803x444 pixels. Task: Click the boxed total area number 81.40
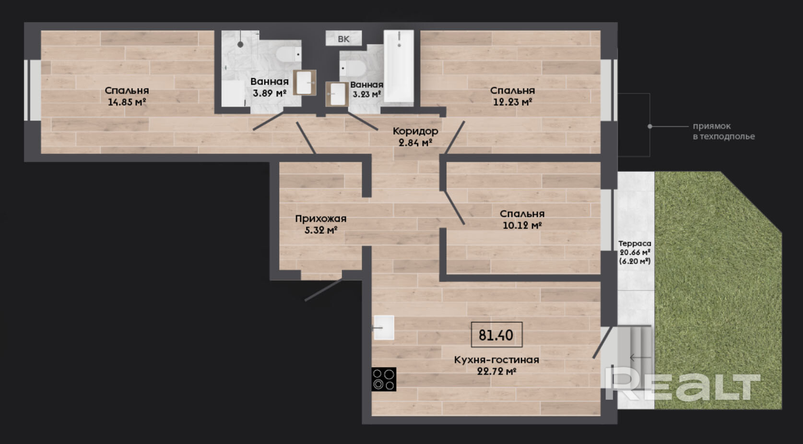(496, 335)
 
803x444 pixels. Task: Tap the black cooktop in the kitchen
(384, 379)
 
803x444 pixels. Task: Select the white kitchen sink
(384, 327)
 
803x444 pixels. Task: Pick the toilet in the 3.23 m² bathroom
(353, 68)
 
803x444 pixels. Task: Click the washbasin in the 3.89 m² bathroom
(305, 83)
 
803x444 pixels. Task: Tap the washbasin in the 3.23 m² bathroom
(337, 95)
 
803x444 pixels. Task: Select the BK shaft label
(343, 39)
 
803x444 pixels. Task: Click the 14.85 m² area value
(127, 102)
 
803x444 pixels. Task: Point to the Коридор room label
(415, 131)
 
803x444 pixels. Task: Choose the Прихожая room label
(321, 218)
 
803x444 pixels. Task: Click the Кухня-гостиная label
(496, 360)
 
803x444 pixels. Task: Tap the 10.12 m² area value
(522, 226)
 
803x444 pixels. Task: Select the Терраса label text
(635, 243)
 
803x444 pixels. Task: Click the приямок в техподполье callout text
(724, 131)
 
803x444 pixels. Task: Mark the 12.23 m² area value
(513, 102)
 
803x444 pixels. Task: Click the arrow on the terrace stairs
(640, 358)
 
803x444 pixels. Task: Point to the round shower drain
(240, 45)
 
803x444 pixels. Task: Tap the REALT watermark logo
(683, 386)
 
